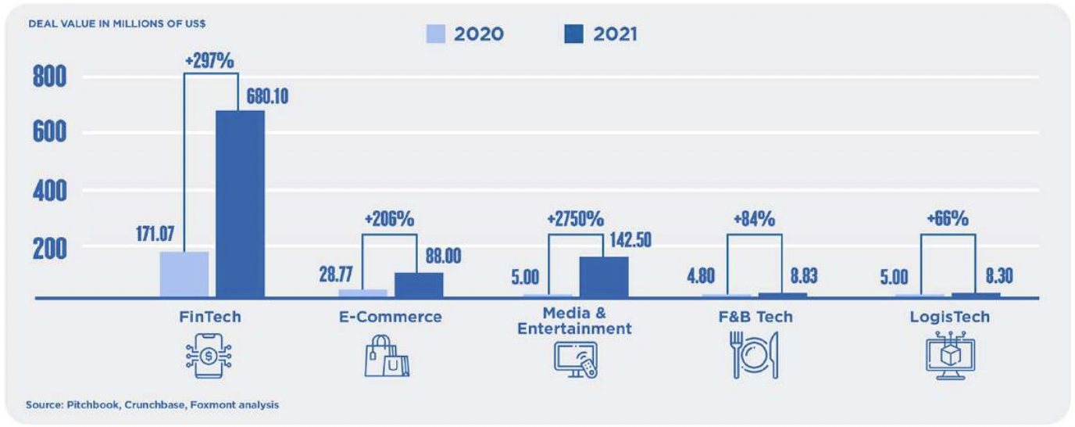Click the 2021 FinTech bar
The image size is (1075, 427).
(240, 203)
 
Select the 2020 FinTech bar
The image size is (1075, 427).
(184, 274)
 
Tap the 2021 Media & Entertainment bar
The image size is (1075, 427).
(603, 276)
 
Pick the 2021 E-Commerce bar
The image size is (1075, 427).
(419, 285)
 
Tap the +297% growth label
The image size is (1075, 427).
(209, 60)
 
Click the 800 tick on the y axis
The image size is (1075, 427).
(49, 77)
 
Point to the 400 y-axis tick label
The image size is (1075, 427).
(49, 191)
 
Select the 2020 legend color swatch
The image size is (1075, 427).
(435, 34)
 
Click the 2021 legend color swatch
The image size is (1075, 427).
(573, 34)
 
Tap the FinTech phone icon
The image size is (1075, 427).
(209, 357)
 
